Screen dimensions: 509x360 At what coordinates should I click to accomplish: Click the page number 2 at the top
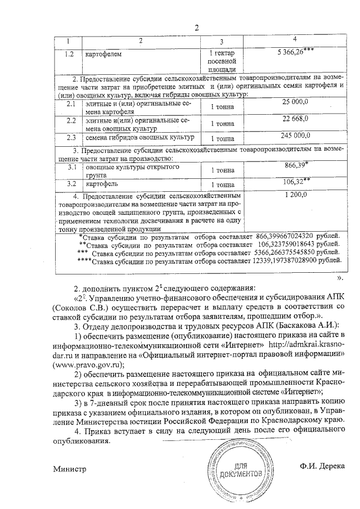pos(196,29)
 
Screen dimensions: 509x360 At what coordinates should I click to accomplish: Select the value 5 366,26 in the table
pos(292,52)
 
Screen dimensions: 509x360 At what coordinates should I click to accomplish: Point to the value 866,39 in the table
pos(296,163)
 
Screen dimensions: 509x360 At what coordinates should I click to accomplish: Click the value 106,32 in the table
pos(296,181)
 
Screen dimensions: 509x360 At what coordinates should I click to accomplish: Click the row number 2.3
pos(71,137)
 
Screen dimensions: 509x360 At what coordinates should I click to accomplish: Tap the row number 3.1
pos(71,167)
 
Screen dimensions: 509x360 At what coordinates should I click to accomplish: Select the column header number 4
pos(295,39)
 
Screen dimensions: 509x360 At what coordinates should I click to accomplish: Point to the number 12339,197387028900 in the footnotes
pos(287,262)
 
